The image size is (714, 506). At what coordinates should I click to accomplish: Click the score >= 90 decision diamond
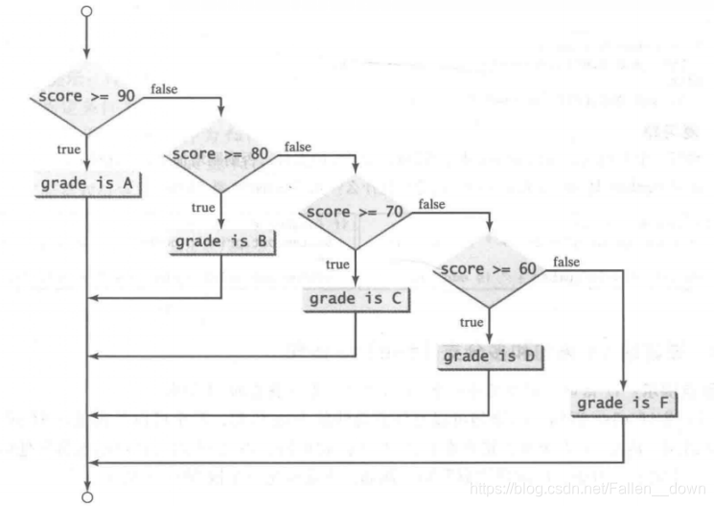[87, 98]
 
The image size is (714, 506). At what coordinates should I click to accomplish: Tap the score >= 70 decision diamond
[355, 211]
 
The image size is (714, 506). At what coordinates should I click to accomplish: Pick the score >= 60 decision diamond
[489, 269]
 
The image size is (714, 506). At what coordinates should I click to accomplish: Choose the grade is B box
[220, 241]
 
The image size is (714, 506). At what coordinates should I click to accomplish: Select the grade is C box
[355, 298]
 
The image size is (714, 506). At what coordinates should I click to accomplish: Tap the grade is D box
[489, 356]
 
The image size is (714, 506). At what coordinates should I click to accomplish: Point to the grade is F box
[623, 403]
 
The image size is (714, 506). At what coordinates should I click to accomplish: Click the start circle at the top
[87, 11]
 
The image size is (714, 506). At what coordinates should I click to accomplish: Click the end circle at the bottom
[87, 497]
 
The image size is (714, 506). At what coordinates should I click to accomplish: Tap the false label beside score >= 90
[164, 89]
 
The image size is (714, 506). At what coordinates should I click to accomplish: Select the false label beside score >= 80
[298, 147]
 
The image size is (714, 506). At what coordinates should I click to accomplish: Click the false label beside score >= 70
[432, 203]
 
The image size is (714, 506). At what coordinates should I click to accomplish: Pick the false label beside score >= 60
[566, 261]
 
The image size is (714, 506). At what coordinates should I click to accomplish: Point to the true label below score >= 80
[203, 206]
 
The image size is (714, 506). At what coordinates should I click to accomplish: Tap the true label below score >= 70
[337, 264]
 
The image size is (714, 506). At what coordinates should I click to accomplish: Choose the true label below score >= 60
[471, 322]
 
